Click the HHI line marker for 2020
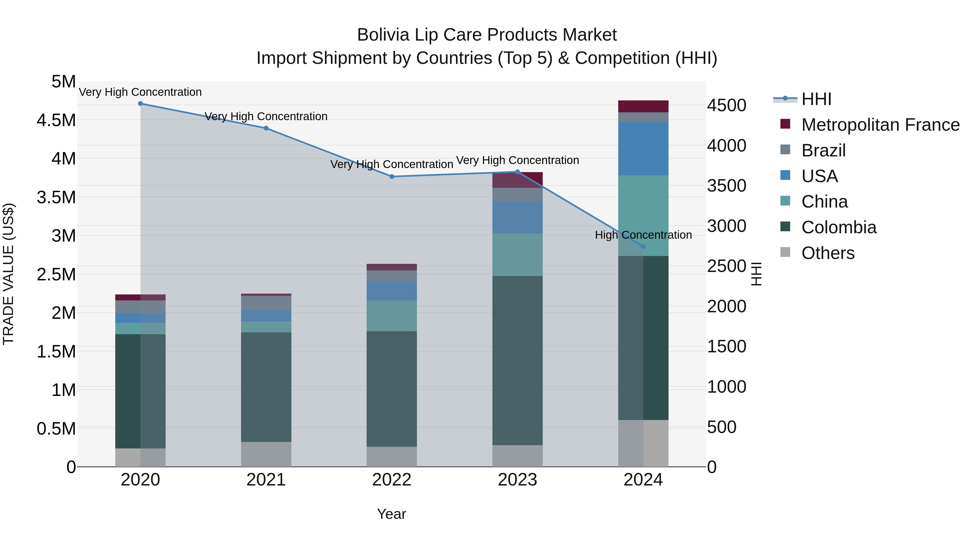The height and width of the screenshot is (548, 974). pyautogui.click(x=140, y=104)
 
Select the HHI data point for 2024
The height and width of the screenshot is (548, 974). pyautogui.click(x=643, y=247)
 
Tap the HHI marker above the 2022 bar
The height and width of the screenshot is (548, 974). pyautogui.click(x=392, y=177)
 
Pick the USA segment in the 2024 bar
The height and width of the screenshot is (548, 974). pyautogui.click(x=643, y=149)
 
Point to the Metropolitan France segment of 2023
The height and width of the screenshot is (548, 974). pyautogui.click(x=517, y=180)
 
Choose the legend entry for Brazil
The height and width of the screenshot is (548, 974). pyautogui.click(x=823, y=150)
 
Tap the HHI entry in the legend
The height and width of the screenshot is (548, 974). pyautogui.click(x=816, y=99)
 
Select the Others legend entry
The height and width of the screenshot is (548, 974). pyautogui.click(x=827, y=253)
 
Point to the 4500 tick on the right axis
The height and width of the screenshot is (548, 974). pyautogui.click(x=726, y=106)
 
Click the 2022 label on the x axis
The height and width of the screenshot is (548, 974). pyautogui.click(x=392, y=480)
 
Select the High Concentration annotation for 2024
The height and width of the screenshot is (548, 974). pyautogui.click(x=643, y=235)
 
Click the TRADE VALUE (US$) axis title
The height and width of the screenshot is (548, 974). pyautogui.click(x=8, y=274)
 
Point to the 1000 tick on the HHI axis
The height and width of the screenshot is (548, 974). pyautogui.click(x=726, y=387)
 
